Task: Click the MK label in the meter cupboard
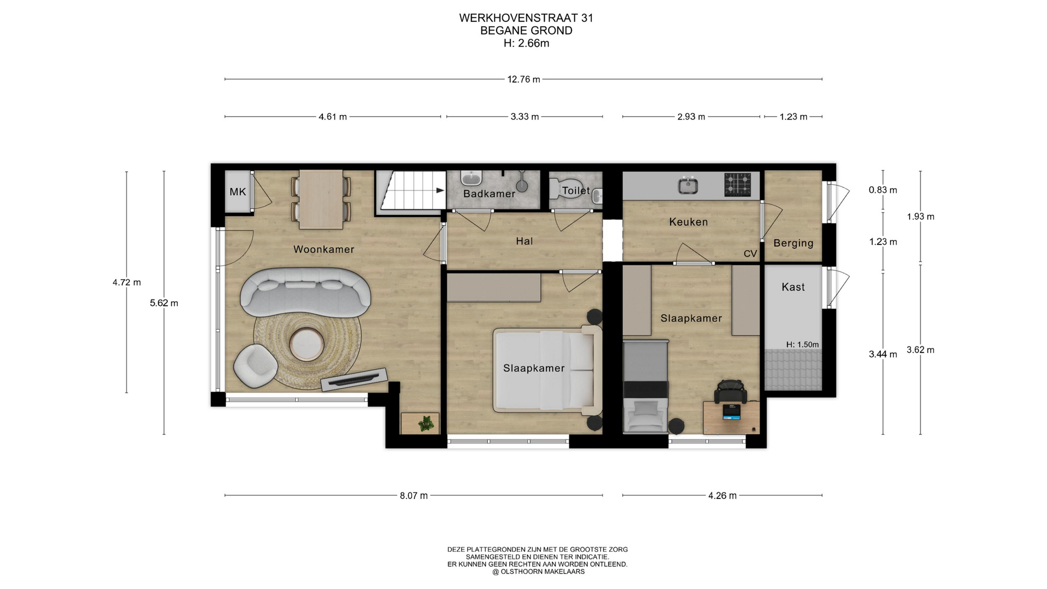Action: click(238, 191)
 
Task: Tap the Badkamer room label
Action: click(489, 194)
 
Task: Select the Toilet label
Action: click(576, 190)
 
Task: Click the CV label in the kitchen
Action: click(750, 254)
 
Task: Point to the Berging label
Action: click(793, 243)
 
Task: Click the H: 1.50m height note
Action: click(803, 345)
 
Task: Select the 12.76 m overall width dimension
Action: click(523, 80)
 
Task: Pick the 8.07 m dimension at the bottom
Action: click(414, 496)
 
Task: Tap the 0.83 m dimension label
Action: click(883, 190)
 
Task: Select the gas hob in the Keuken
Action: click(737, 185)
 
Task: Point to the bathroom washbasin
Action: click(471, 178)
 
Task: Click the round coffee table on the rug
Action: click(306, 344)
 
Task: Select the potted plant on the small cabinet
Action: click(426, 423)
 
